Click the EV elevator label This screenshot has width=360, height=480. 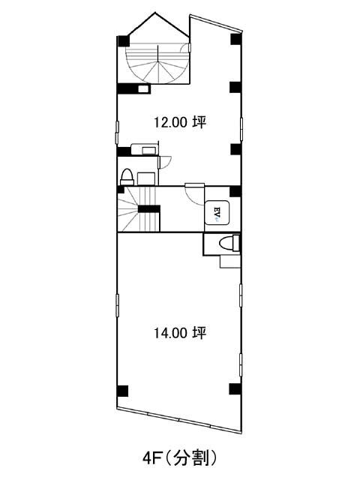pyautogui.click(x=217, y=211)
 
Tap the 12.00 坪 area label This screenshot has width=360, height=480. pyautogui.click(x=180, y=122)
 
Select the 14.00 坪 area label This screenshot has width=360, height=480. pyautogui.click(x=180, y=332)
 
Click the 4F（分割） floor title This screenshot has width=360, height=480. pyautogui.click(x=180, y=458)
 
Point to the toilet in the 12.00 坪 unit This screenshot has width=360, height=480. pyautogui.click(x=127, y=177)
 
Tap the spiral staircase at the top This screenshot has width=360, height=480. pyautogui.click(x=157, y=63)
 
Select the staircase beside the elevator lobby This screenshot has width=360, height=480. pyautogui.click(x=139, y=209)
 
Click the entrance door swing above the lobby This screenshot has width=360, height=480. pyautogui.click(x=195, y=194)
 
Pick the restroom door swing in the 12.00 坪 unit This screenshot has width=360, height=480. pyautogui.click(x=165, y=162)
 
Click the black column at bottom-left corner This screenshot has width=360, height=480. pyautogui.click(x=122, y=391)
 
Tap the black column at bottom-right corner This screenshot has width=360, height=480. pyautogui.click(x=235, y=388)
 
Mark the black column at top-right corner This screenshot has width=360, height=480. pyautogui.click(x=236, y=39)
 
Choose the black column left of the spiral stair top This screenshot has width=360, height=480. pyautogui.click(x=123, y=41)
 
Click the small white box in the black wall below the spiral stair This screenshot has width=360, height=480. pyautogui.click(x=142, y=88)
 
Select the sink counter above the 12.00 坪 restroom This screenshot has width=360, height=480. pyautogui.click(x=144, y=149)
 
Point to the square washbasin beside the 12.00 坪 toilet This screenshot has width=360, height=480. pyautogui.click(x=146, y=178)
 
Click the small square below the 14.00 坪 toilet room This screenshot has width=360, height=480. pyautogui.click(x=229, y=261)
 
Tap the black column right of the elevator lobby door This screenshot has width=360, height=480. pyautogui.click(x=235, y=192)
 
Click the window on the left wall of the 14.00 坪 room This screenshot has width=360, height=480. pyautogui.click(x=117, y=304)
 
